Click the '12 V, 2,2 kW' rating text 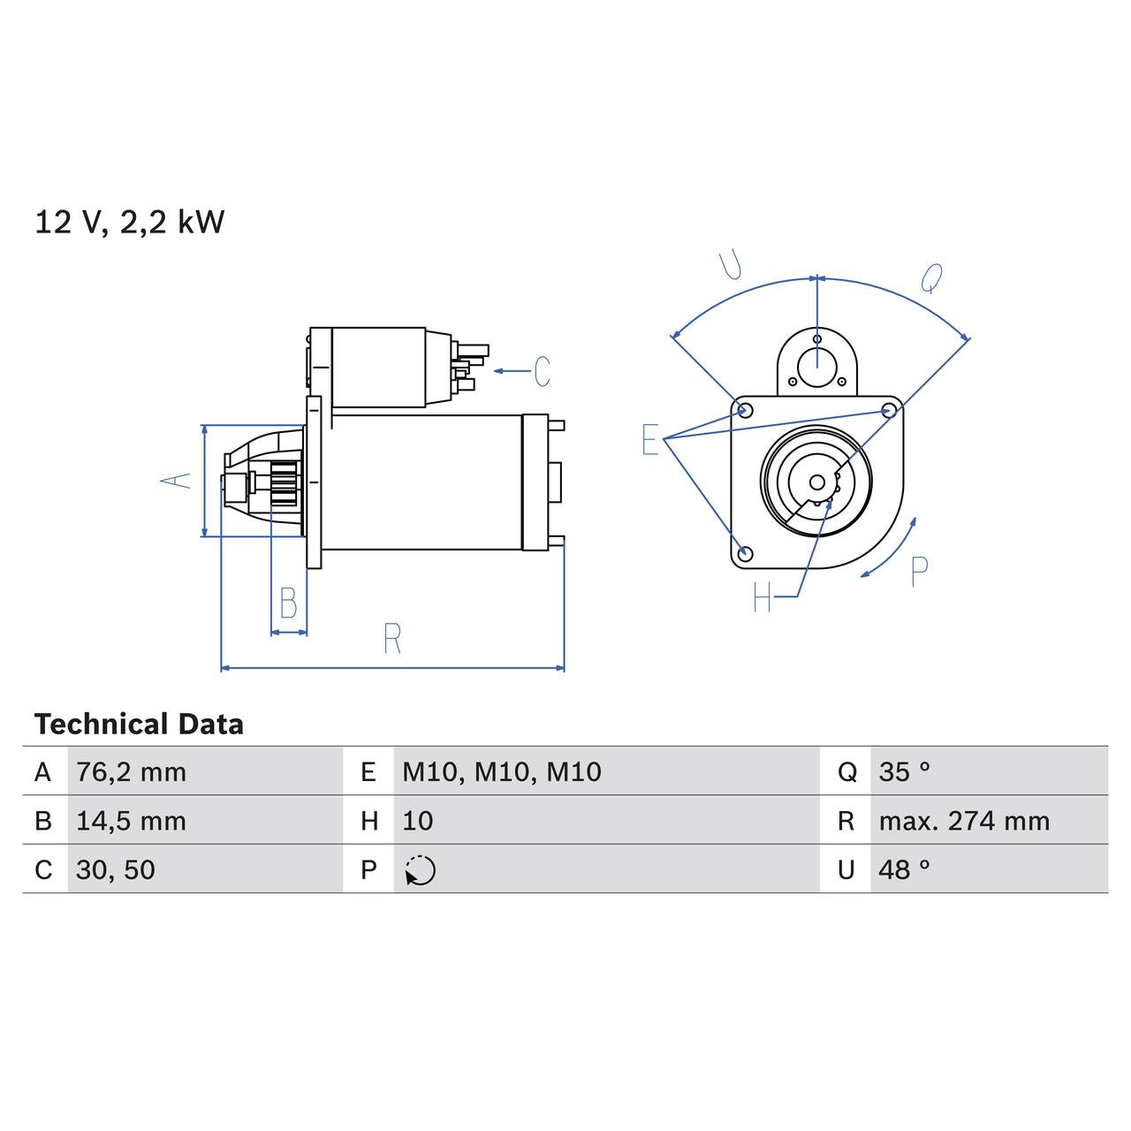tap(129, 222)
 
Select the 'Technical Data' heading tap(139, 725)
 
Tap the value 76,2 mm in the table tap(131, 772)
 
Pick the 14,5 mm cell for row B tap(131, 821)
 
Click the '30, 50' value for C tap(116, 869)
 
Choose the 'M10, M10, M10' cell tap(501, 772)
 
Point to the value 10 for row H tap(417, 821)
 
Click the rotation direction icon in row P tap(421, 870)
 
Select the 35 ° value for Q tap(904, 772)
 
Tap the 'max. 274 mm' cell tap(964, 821)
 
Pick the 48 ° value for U tap(904, 869)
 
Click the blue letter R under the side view tap(392, 638)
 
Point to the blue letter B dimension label tap(288, 603)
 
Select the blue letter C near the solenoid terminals tap(542, 371)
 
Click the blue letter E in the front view tap(650, 439)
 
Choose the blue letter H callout tap(763, 598)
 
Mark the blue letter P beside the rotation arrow tap(919, 572)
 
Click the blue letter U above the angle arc tap(731, 264)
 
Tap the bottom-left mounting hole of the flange tap(745, 554)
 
